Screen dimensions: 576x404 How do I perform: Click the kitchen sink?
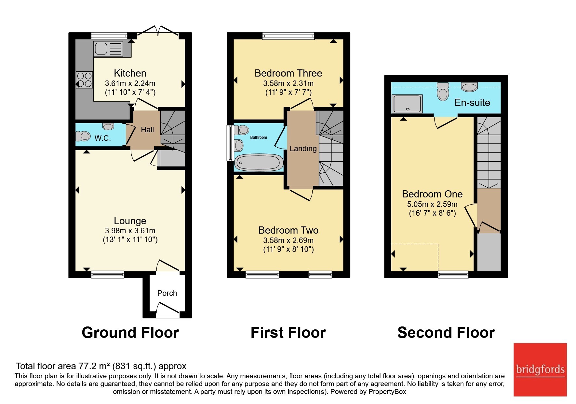(108, 49)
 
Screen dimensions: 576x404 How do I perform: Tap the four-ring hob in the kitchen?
(85, 80)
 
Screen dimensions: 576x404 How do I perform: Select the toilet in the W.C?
(83, 136)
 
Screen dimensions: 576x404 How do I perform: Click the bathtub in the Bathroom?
(259, 162)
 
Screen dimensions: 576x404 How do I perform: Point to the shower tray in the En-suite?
(407, 104)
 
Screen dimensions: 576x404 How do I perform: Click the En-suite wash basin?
(469, 87)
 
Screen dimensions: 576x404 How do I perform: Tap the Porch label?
(167, 293)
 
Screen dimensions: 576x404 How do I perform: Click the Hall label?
(147, 130)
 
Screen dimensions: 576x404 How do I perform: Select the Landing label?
(303, 149)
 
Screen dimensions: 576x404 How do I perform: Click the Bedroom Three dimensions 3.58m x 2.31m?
(288, 83)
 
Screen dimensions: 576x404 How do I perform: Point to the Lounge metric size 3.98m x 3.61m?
(130, 231)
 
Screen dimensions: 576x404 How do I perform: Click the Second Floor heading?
(446, 333)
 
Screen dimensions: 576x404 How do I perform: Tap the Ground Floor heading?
(130, 333)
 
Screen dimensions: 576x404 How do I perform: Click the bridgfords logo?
(540, 370)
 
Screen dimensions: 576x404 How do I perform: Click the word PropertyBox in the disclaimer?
(387, 392)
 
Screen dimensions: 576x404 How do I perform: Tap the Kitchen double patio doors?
(158, 31)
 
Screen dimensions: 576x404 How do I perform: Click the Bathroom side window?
(229, 143)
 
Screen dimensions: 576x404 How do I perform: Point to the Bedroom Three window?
(288, 36)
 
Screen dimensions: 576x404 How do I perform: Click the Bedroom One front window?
(453, 275)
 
